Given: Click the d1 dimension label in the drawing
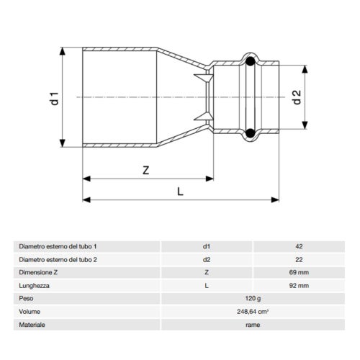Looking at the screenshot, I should point(53,97).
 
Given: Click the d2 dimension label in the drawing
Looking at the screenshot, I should point(296,97).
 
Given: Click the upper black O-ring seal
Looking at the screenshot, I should point(248,62).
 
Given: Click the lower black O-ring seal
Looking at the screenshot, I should point(248,132).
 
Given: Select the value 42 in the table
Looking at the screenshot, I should point(298,246).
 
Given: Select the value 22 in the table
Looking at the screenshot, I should point(298,259).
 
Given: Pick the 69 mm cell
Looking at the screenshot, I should point(298,272).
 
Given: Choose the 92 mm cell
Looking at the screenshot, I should point(298,285).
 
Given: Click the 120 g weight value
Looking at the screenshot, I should point(252,298).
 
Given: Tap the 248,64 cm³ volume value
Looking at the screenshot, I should point(252,312).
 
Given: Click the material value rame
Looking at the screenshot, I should point(252,325).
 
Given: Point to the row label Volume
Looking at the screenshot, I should point(30,312).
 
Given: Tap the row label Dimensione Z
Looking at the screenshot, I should point(40,272).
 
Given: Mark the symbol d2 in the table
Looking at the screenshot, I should point(207,259).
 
